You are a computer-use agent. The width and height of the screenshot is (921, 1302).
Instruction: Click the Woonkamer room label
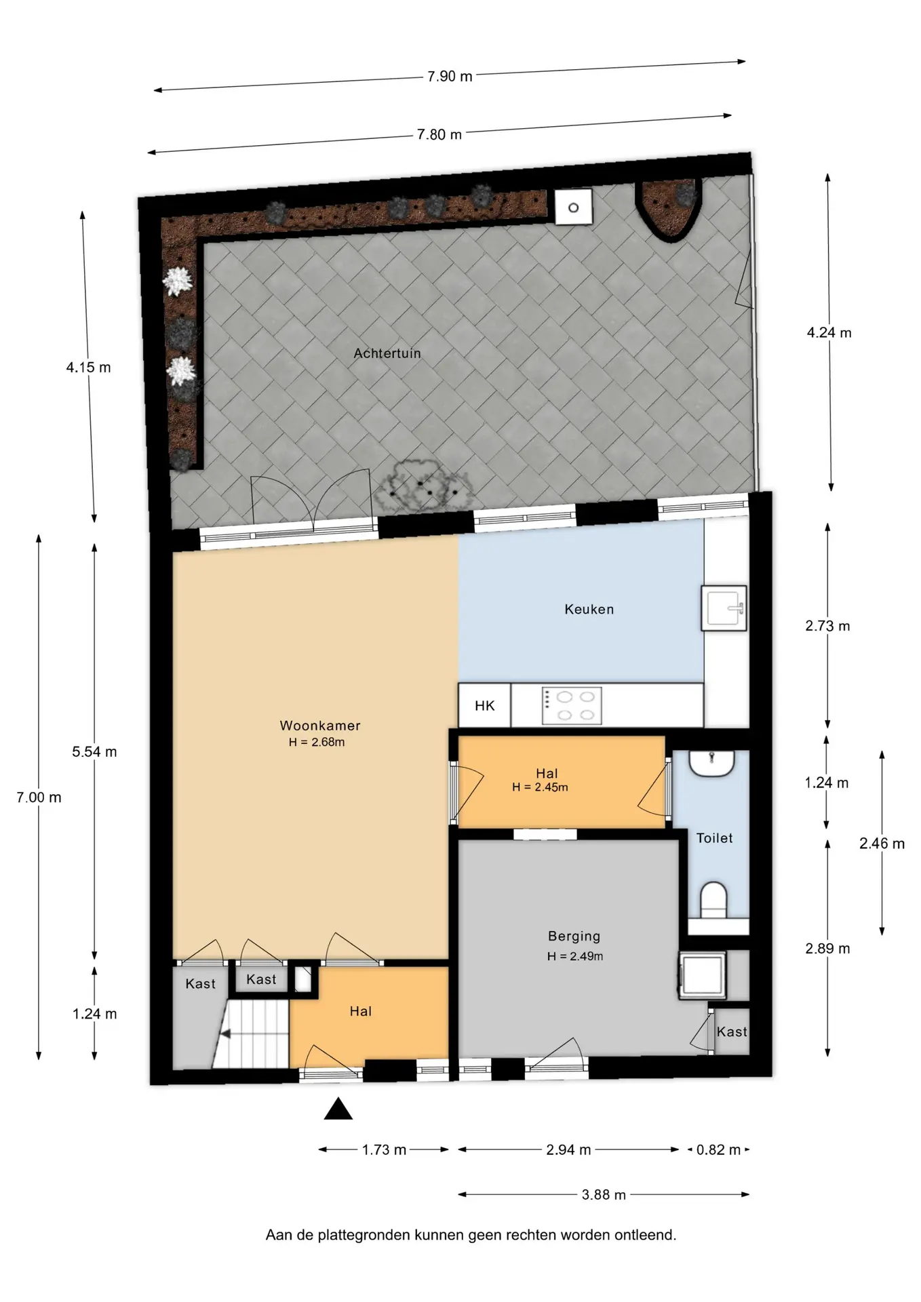pos(320,726)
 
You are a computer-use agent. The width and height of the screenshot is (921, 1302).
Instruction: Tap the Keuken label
pos(589,610)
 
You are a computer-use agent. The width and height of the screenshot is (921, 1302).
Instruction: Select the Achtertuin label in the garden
pos(387,353)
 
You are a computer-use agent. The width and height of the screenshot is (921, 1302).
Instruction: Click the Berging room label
pos(574,936)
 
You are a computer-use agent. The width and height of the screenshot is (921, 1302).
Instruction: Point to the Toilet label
pos(715,838)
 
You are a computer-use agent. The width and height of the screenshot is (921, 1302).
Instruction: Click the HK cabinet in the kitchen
pos(485,705)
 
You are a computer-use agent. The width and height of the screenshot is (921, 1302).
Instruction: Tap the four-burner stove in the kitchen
pos(572,706)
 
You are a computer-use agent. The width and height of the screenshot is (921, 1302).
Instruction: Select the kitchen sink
pos(724,608)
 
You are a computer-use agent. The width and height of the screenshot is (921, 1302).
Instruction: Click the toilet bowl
pos(713,899)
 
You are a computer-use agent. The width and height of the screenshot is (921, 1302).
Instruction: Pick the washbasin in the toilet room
pos(711,763)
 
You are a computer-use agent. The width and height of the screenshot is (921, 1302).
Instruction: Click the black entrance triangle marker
pos(338,1109)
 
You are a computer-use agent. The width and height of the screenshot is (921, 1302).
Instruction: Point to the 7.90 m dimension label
pos(450,77)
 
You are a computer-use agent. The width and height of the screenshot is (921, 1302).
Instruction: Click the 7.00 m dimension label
pos(39,798)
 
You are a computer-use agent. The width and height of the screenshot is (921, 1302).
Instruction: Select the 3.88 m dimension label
pos(604,1195)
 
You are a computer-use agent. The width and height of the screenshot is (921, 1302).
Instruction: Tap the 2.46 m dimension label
pos(882,844)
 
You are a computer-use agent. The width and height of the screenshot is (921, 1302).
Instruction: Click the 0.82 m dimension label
pos(718,1150)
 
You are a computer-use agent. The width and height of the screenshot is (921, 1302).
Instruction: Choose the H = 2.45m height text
pos(540,787)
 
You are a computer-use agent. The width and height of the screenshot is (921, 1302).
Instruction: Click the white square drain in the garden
pos(573,207)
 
